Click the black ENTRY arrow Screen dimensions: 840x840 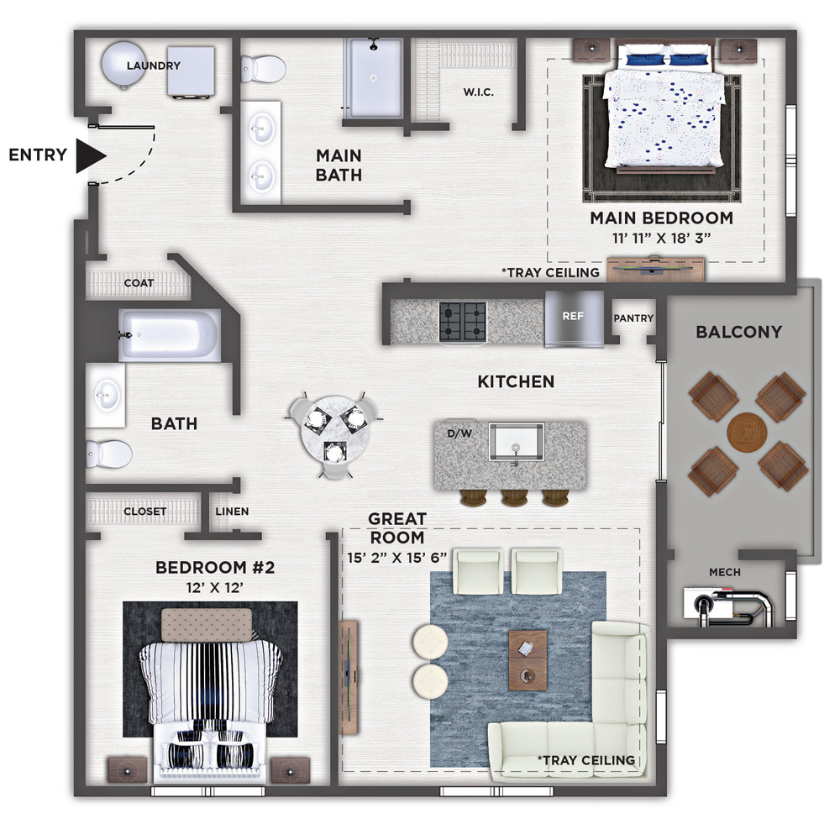click(x=90, y=156)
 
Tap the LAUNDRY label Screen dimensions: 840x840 click(x=153, y=66)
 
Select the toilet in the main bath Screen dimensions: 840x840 click(x=263, y=69)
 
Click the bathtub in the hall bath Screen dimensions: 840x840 click(x=170, y=335)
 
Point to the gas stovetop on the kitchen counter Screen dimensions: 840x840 click(x=463, y=321)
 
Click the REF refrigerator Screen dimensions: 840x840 click(x=574, y=318)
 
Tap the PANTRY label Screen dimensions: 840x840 click(x=633, y=318)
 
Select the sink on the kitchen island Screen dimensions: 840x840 click(x=517, y=442)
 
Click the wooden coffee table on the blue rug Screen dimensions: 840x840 click(x=528, y=660)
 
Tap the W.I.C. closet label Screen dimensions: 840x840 click(x=479, y=92)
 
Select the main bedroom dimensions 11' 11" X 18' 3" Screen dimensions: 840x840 click(x=662, y=238)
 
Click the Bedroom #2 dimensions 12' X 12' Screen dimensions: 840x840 click(x=214, y=588)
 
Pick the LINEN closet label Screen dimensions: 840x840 click(x=232, y=512)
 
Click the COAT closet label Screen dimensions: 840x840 click(x=139, y=283)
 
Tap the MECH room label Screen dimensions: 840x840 click(x=725, y=572)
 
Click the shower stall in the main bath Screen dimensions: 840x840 click(x=374, y=78)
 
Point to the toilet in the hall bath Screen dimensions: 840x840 click(x=108, y=454)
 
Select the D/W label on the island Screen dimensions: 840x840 click(x=459, y=433)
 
